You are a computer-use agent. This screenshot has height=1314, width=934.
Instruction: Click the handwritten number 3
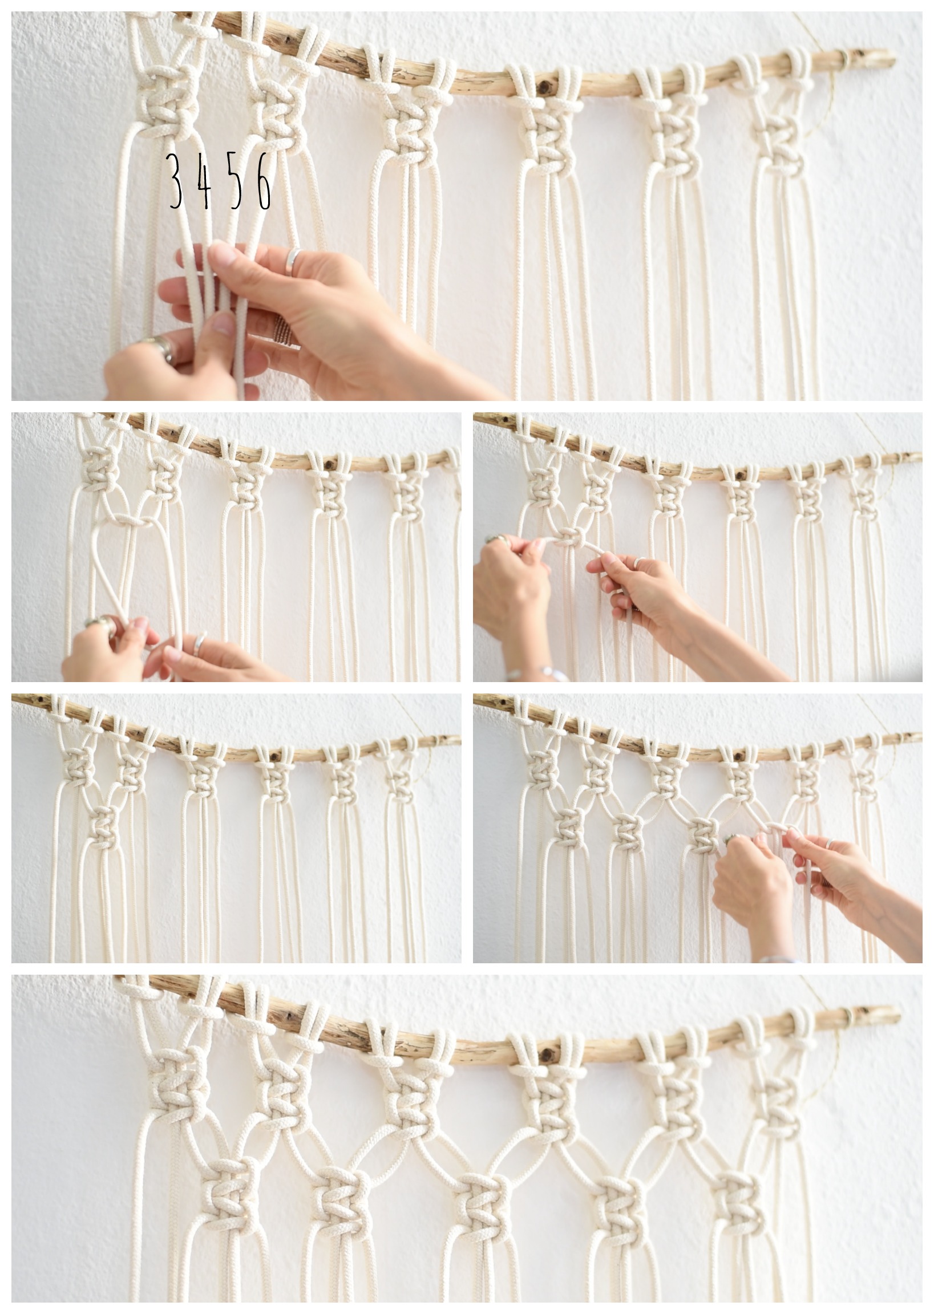click(x=176, y=181)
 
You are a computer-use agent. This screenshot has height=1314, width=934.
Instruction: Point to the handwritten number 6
click(x=264, y=181)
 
